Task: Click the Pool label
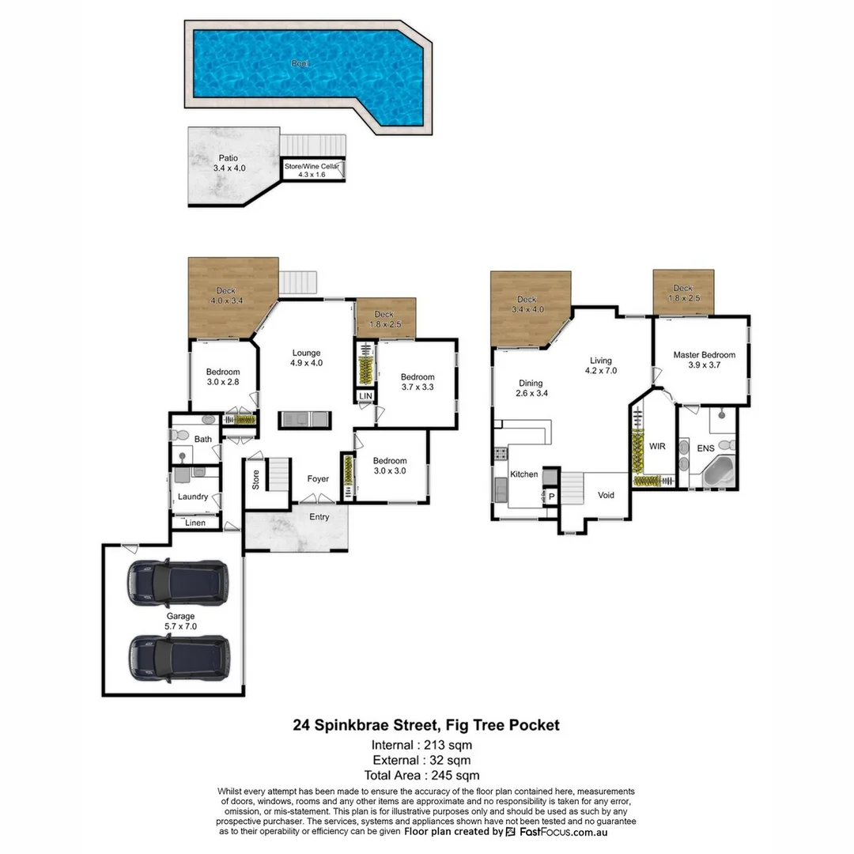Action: tap(300, 62)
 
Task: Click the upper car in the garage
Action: tap(177, 584)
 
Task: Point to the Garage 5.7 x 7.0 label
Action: tap(180, 621)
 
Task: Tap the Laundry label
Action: tap(193, 497)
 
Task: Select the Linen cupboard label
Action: tap(195, 523)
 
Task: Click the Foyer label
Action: tap(319, 478)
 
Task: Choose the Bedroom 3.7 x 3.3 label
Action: tap(417, 382)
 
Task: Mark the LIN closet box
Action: tap(365, 396)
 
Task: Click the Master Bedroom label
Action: tap(704, 360)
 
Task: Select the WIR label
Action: tap(657, 447)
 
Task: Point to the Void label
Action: tap(606, 495)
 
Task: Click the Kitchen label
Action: tap(523, 474)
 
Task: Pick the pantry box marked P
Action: tap(551, 497)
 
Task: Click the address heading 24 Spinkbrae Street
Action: tap(426, 724)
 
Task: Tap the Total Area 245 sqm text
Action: tap(421, 776)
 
